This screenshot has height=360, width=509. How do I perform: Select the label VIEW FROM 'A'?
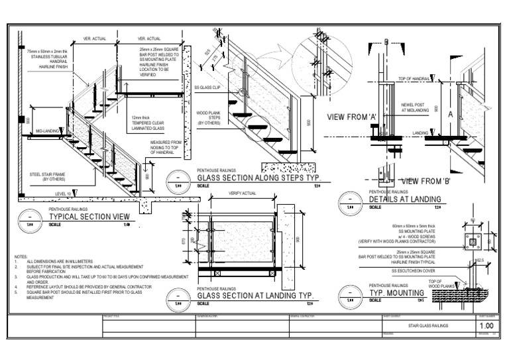coord(353,117)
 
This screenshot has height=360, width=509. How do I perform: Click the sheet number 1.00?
coord(486,326)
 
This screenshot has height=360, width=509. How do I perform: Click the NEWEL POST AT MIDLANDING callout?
coord(415,107)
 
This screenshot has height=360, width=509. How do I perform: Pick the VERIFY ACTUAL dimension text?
coord(241,193)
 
